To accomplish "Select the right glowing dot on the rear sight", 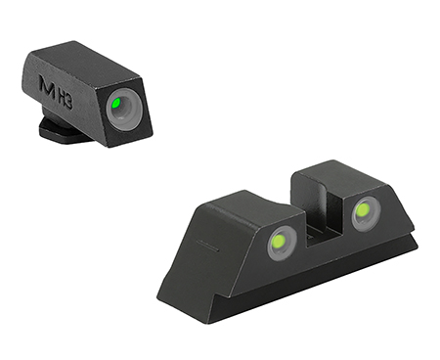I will [365, 208].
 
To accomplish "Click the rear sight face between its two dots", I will [323, 240].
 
